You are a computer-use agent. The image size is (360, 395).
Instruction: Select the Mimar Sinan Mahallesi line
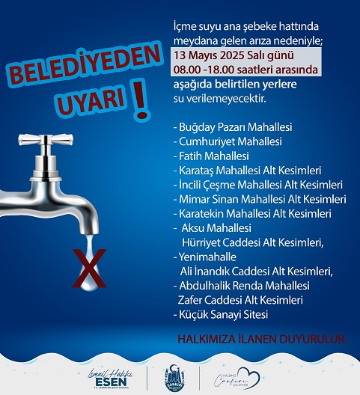pos(258,199)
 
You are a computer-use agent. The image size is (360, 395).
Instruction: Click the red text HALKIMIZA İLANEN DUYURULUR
pos(261,339)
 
